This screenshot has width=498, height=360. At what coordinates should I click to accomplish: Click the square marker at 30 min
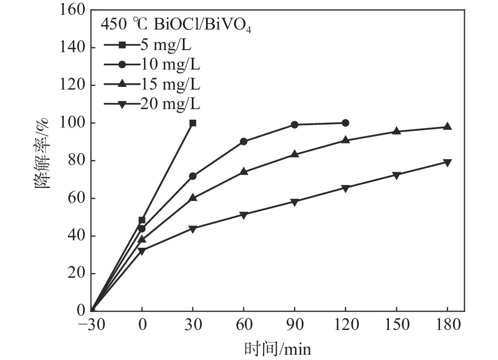pos(193,123)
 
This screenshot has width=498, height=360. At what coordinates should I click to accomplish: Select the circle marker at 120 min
pos(345,123)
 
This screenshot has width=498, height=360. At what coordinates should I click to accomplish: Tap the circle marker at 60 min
pos(243,141)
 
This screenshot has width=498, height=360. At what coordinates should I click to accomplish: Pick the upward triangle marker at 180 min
pos(447,127)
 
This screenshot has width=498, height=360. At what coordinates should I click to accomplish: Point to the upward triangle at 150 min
pos(396,131)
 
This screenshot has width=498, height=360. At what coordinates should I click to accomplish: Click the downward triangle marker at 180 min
pos(447,162)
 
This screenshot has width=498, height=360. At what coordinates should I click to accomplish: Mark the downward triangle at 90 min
pos(295,202)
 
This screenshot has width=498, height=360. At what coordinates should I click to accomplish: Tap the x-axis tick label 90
pos(295,325)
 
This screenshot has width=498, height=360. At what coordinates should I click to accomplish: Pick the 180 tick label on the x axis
pos(447,325)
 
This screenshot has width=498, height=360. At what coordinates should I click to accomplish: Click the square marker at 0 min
pos(142,220)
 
